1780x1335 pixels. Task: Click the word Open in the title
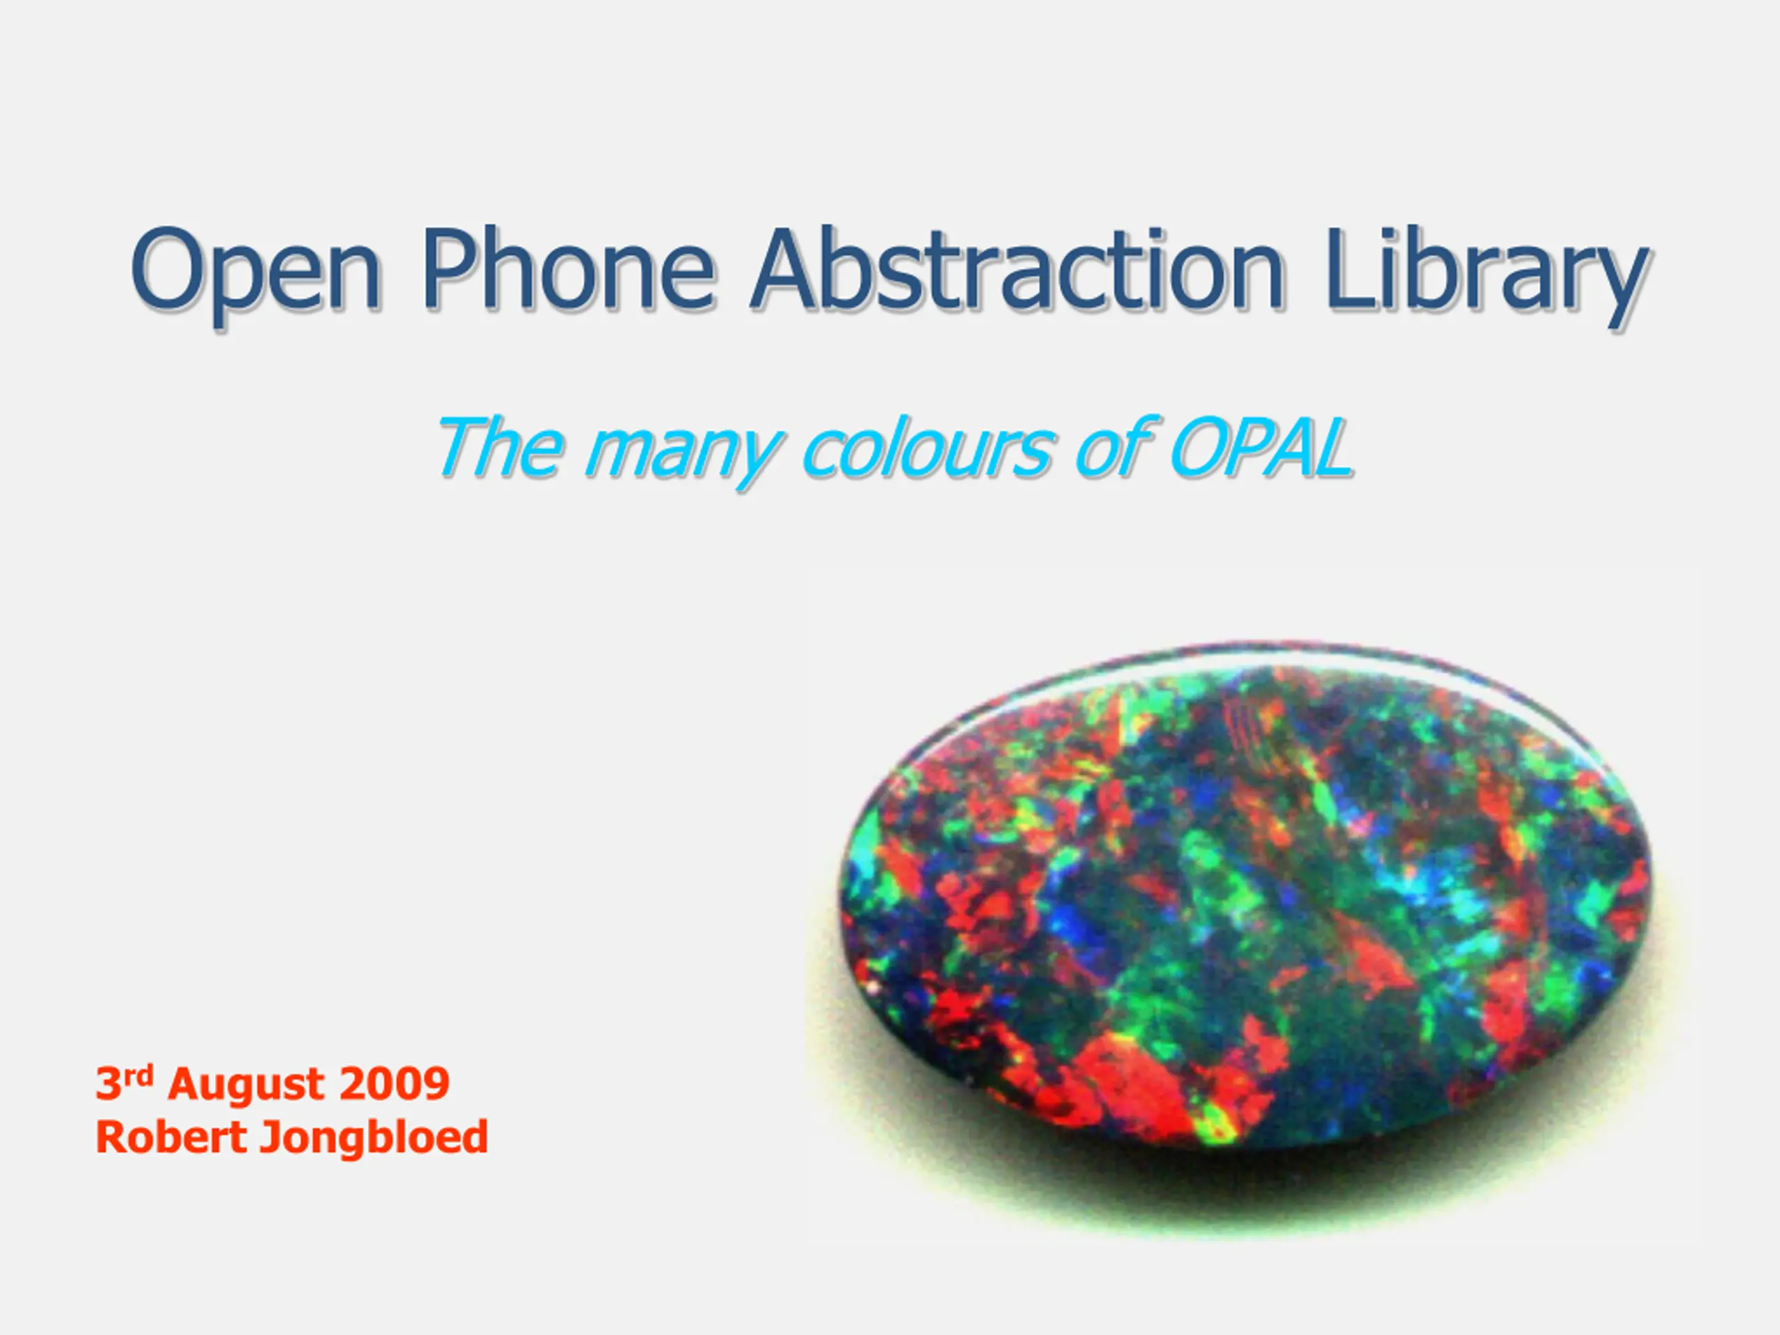pyautogui.click(x=255, y=273)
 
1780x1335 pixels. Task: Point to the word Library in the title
pyautogui.click(x=1485, y=273)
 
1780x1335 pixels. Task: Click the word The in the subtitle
pyautogui.click(x=499, y=446)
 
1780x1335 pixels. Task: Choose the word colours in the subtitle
pyautogui.click(x=926, y=446)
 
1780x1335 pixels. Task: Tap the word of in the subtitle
pyautogui.click(x=1115, y=446)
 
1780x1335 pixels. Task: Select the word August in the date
pyautogui.click(x=246, y=1085)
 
